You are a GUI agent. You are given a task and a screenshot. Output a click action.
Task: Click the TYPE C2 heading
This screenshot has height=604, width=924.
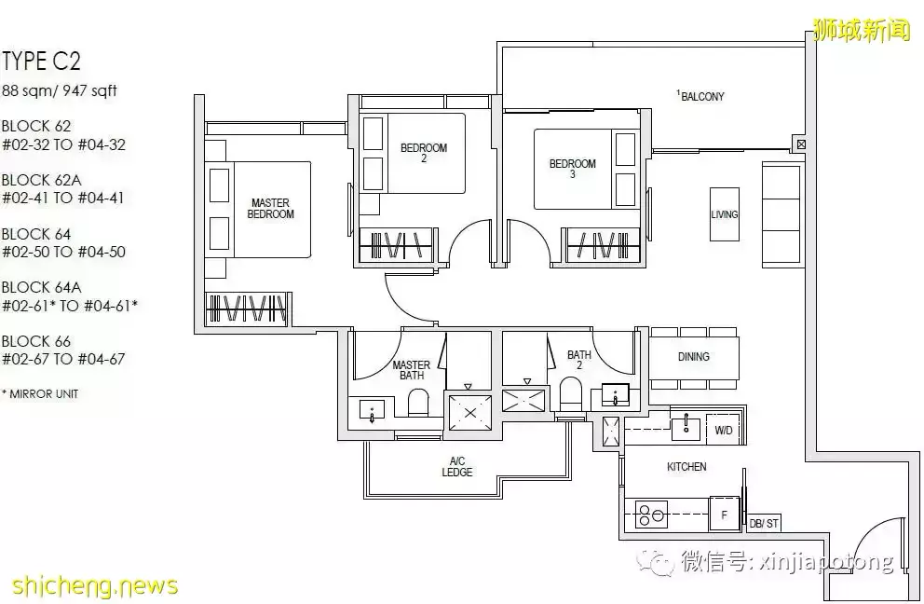coord(41,62)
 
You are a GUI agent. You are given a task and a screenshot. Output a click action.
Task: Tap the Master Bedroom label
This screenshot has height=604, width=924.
coord(270,209)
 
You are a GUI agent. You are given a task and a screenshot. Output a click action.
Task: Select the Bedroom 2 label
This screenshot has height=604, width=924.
coord(424,152)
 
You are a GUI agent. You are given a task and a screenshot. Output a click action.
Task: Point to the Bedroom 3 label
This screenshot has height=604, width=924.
coord(572,168)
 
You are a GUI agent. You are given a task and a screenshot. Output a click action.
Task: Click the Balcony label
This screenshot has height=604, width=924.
coord(700,96)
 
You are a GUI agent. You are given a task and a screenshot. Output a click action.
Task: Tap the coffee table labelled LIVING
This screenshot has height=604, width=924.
coord(725,214)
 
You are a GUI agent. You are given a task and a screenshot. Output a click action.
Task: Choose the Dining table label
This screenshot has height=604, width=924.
coord(694,357)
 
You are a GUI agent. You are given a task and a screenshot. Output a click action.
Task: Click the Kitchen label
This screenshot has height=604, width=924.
coord(686,467)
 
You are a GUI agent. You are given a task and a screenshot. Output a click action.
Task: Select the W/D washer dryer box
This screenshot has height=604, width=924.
coord(724,430)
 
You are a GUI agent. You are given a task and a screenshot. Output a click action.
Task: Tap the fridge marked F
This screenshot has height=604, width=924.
coord(725,515)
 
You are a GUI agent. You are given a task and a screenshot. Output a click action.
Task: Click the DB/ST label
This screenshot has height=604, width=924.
coord(764,523)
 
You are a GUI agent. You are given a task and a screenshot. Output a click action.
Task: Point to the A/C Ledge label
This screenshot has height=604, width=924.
coord(457,467)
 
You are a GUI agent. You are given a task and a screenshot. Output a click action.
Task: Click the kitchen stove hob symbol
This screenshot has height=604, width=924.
coord(651,515)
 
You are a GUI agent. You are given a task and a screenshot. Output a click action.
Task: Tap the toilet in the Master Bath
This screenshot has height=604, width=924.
coord(418,404)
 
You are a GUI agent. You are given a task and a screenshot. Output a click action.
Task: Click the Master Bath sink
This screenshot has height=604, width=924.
coord(372,410)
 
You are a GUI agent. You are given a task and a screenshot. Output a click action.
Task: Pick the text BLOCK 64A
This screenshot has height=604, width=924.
coord(41,287)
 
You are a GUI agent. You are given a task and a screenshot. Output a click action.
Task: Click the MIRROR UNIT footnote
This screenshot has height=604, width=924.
coord(40,394)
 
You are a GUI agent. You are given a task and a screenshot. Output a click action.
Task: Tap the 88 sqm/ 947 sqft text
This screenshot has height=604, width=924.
coord(60,90)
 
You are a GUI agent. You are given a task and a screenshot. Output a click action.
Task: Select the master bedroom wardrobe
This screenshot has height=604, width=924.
coord(247,308)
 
